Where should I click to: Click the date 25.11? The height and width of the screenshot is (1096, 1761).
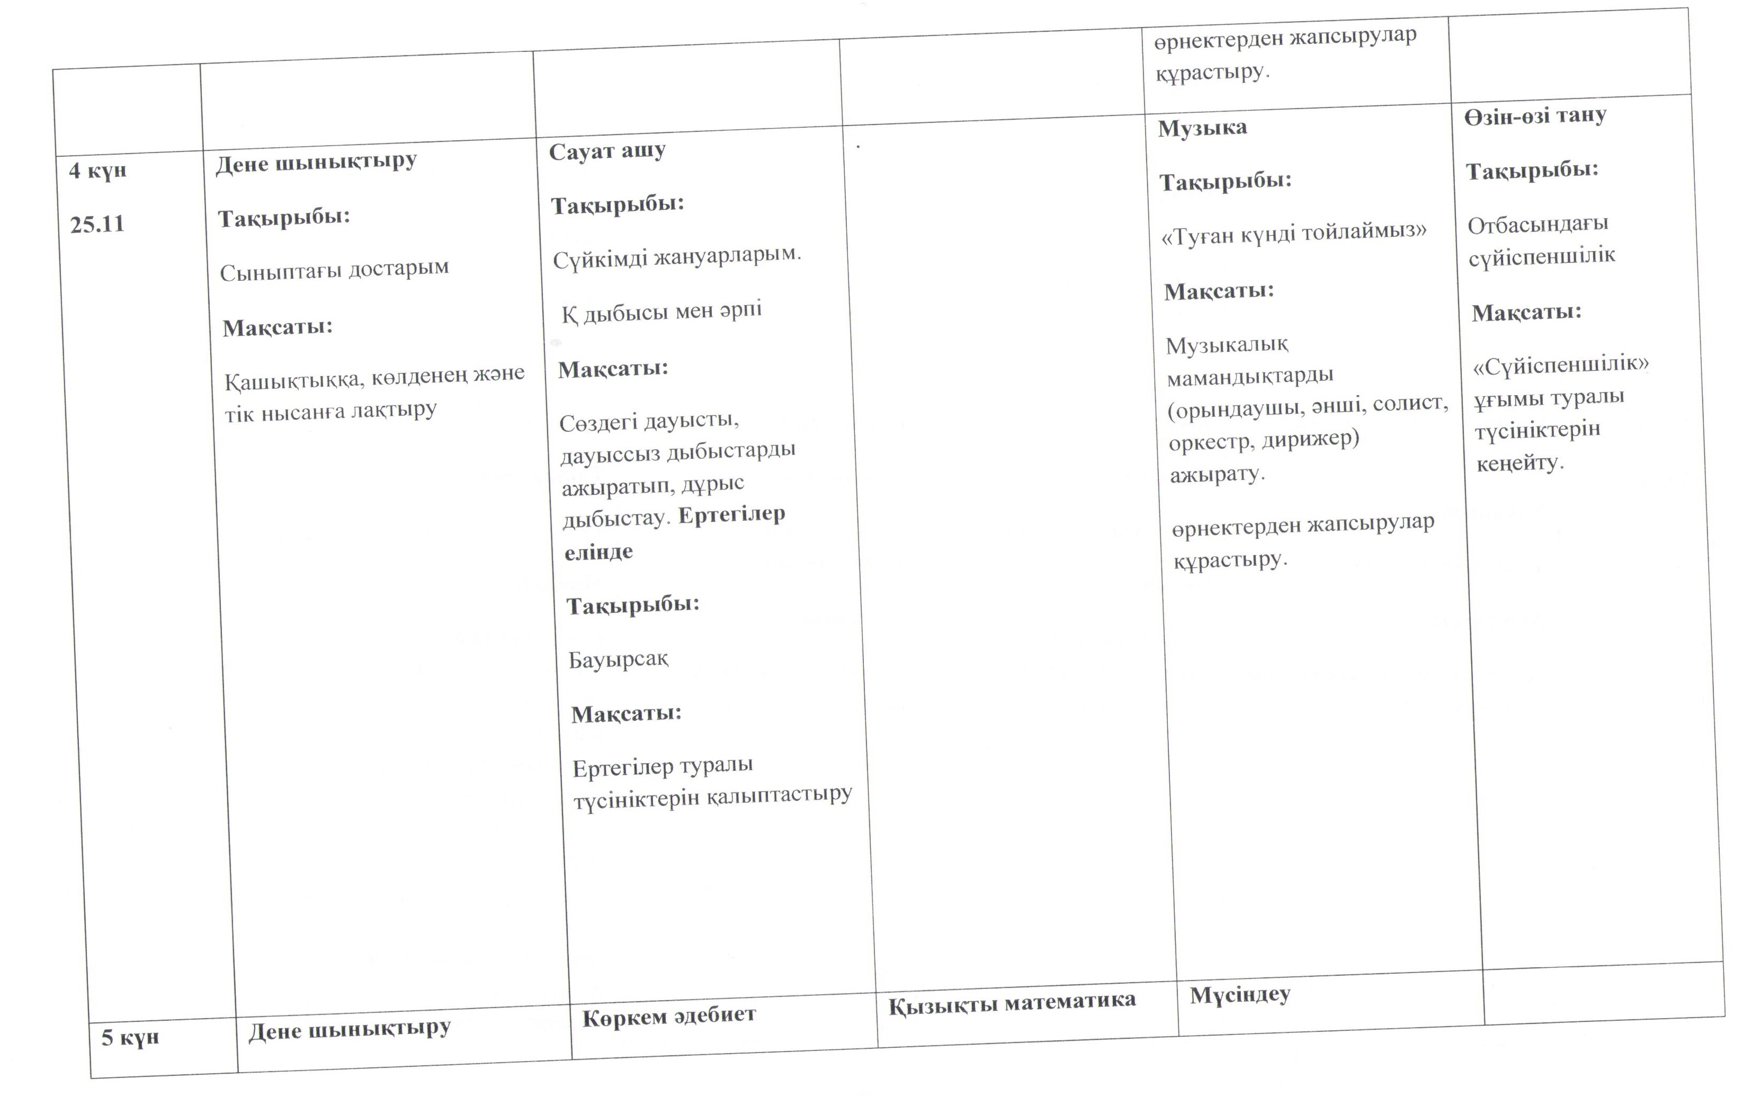97,225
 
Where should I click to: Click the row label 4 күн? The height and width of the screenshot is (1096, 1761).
98,171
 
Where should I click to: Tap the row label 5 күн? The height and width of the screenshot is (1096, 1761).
130,1037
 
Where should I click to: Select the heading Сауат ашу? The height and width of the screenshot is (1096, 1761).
607,152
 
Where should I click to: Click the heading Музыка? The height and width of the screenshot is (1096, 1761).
1202,128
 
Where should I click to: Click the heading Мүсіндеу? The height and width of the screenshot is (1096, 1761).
1240,994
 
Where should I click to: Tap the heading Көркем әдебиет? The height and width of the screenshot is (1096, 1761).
669,1015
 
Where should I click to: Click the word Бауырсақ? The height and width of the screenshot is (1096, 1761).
618,660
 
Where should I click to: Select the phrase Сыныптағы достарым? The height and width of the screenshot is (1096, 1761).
334,270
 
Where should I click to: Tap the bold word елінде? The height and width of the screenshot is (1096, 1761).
598,553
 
